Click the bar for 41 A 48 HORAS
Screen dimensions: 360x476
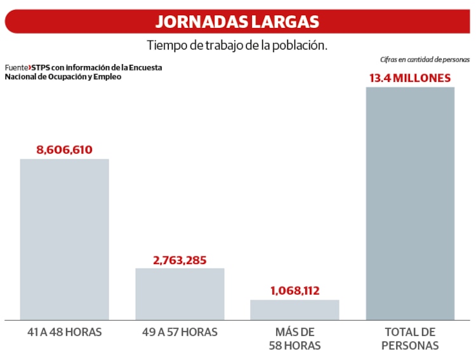point(64,239)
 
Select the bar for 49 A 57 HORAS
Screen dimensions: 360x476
point(180,293)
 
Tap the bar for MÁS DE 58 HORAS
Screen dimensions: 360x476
point(294,309)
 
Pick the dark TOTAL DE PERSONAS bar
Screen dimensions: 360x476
point(410,203)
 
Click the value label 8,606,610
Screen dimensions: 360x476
point(64,150)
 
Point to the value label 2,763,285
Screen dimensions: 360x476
point(180,260)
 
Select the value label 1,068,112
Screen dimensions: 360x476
point(294,291)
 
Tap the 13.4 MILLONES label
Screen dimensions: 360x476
point(410,78)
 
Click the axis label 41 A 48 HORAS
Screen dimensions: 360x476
point(64,332)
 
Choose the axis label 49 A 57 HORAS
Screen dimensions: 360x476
point(180,332)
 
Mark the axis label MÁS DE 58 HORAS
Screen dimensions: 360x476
point(294,339)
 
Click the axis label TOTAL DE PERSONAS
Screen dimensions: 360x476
point(410,339)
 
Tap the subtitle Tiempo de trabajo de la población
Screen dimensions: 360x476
point(237,46)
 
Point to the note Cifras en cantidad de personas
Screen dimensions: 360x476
point(425,60)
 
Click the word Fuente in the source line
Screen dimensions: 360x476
point(16,67)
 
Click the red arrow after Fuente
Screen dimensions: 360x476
point(29,67)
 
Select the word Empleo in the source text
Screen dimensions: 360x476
point(107,77)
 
